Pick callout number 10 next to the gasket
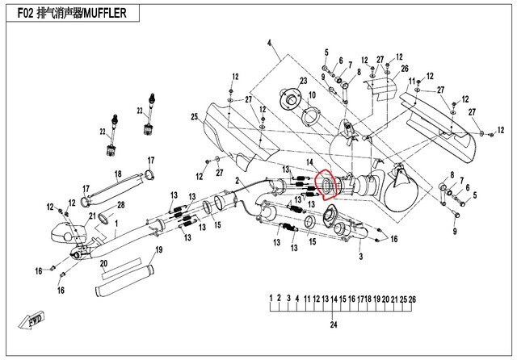312,95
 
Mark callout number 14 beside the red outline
309,162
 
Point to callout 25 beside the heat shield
195,118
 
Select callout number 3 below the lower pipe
361,255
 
